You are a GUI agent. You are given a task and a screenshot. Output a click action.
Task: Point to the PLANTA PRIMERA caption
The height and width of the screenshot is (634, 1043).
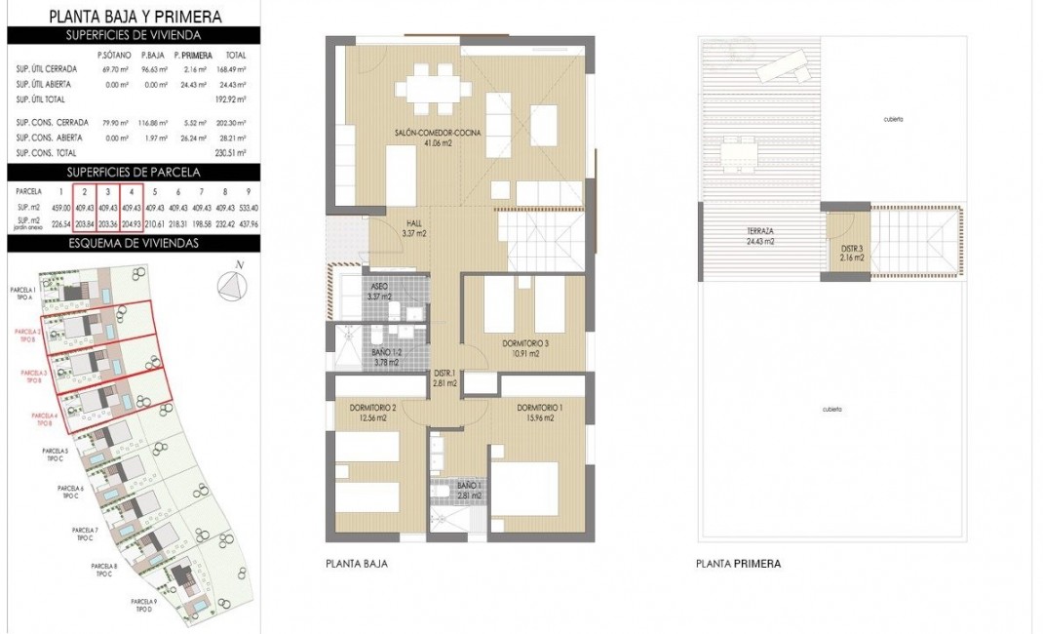(x=738, y=564)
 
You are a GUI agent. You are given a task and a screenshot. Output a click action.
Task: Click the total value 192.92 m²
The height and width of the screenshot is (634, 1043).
(x=232, y=99)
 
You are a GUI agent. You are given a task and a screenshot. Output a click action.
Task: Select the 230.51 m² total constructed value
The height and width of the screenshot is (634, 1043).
(x=232, y=153)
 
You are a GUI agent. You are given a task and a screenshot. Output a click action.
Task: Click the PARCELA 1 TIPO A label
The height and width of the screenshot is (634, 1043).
(x=22, y=295)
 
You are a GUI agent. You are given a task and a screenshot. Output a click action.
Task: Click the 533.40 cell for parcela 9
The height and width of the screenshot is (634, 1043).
(x=248, y=207)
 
